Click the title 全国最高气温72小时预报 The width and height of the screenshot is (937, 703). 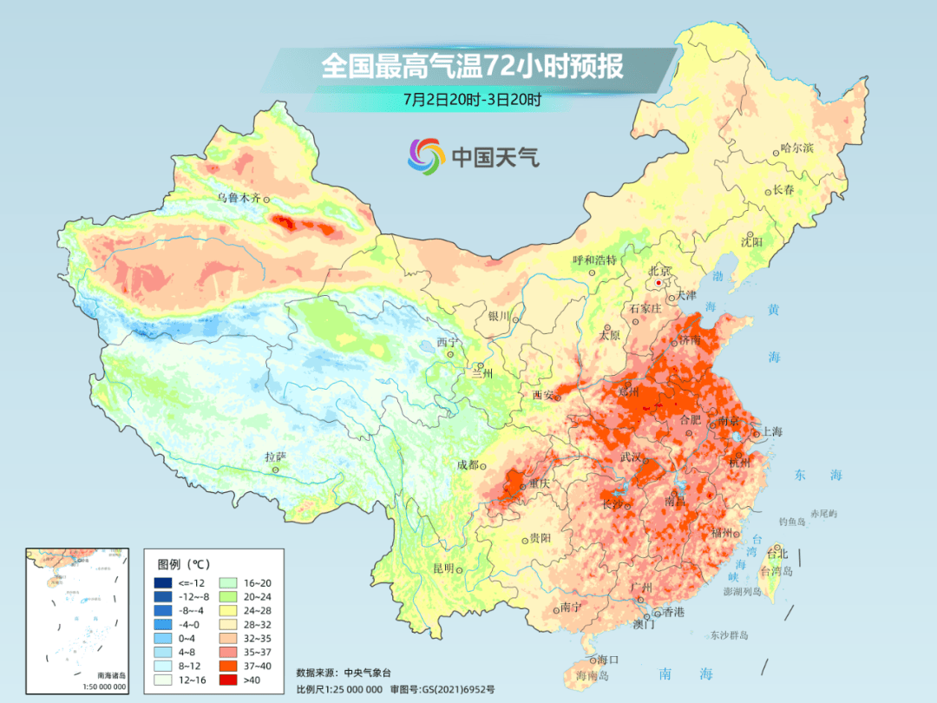point(472,67)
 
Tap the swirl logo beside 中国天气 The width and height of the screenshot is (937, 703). point(426,156)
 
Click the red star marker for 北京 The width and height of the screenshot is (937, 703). point(659,283)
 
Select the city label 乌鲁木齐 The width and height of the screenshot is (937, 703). point(238,198)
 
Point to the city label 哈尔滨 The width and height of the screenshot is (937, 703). point(796,148)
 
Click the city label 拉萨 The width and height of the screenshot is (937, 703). point(275,457)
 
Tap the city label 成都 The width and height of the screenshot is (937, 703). point(468,464)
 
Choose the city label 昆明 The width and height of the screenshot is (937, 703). point(443,568)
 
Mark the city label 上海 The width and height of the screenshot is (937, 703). point(771,431)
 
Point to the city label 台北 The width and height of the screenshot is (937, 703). point(775,553)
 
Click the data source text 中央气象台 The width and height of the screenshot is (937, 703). point(368,672)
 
